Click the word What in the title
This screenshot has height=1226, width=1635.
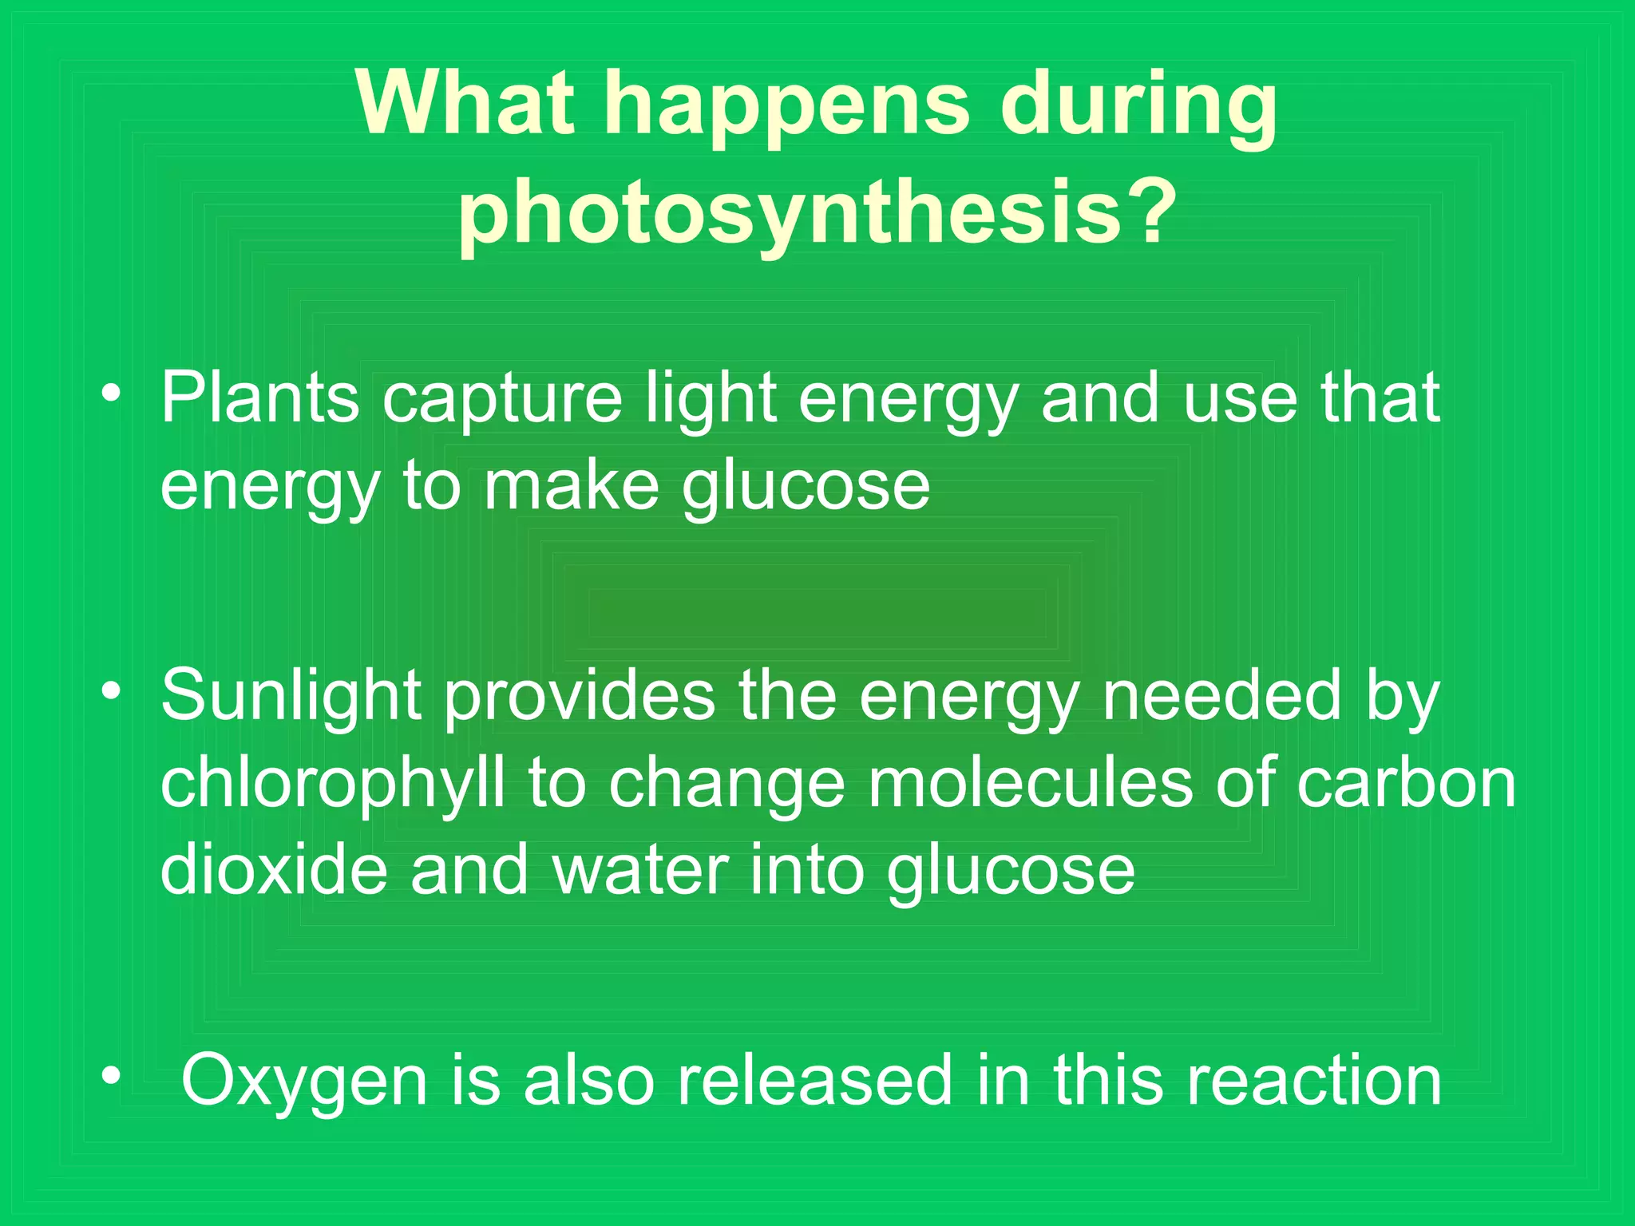[465, 104]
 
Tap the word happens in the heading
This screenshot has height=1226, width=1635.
[786, 108]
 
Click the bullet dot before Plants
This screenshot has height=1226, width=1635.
[111, 393]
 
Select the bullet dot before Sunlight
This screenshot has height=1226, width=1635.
[111, 690]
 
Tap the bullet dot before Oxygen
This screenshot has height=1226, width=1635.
[111, 1075]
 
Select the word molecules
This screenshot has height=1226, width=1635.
[1031, 782]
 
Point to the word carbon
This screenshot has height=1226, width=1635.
[1406, 782]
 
